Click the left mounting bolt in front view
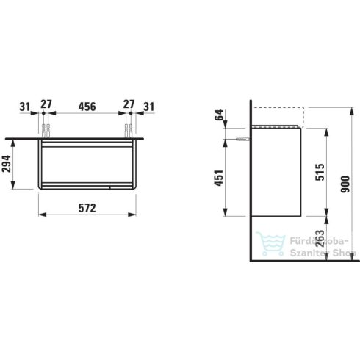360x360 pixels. pyautogui.click(x=46, y=131)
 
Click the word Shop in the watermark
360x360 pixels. pyautogui.click(x=343, y=254)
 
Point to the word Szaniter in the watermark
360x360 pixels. pyautogui.click(x=309, y=254)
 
